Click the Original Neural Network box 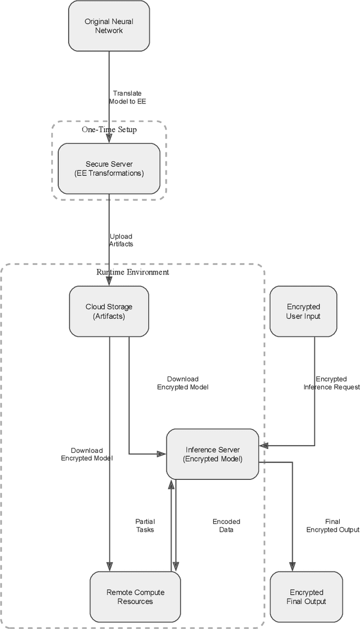tap(109, 26)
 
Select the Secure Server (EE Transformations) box tap(109, 169)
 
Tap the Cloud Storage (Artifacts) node tap(109, 312)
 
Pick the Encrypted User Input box tap(304, 312)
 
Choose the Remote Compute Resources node tap(136, 597)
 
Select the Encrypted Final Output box tap(307, 597)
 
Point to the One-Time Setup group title tap(109, 129)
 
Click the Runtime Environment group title tap(133, 272)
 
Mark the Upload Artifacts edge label tap(121, 240)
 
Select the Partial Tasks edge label tap(145, 525)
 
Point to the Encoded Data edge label tap(227, 525)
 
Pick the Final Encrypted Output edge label tap(332, 525)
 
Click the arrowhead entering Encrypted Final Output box tap(292, 567)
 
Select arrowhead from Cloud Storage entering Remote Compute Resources tap(109, 567)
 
